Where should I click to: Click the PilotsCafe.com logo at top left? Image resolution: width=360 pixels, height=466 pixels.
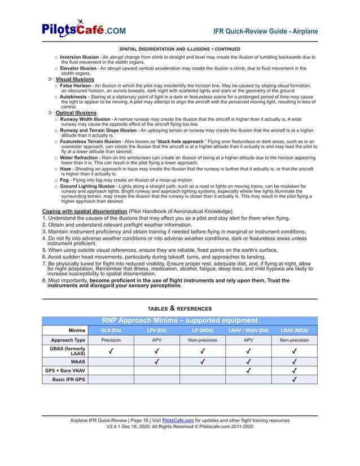(x=84, y=29)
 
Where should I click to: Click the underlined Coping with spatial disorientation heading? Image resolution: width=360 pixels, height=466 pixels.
(x=85, y=212)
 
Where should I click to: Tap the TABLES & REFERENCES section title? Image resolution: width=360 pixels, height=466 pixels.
(x=179, y=309)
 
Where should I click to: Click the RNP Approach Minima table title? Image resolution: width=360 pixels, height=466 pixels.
(x=179, y=320)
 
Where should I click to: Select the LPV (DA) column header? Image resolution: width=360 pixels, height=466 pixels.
(x=156, y=330)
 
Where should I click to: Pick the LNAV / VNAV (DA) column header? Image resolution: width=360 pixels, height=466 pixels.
(x=248, y=330)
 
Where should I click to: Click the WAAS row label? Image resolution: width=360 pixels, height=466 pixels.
(x=77, y=361)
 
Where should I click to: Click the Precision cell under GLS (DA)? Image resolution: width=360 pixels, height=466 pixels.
(x=111, y=340)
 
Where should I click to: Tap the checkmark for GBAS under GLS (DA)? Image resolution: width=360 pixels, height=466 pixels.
(x=111, y=351)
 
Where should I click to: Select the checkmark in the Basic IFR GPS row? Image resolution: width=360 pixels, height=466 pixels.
(x=294, y=380)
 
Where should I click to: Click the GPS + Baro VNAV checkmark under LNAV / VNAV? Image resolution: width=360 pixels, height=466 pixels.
(x=248, y=371)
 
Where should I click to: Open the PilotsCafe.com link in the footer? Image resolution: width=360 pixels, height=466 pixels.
(x=178, y=420)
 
